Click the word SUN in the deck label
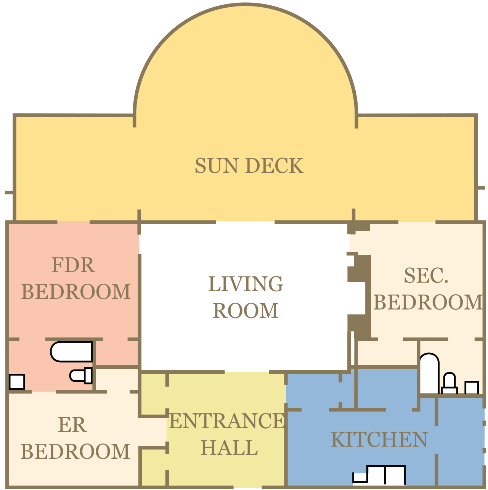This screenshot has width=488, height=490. (217, 166)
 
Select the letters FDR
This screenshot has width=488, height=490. (73, 265)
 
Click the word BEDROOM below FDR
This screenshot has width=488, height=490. (76, 292)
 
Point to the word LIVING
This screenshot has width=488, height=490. (246, 284)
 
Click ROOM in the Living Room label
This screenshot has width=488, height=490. (246, 311)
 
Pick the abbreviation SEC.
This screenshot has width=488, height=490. (426, 276)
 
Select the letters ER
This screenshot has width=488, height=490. (72, 425)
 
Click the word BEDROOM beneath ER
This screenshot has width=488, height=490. (75, 451)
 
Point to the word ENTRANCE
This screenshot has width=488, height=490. (227, 421)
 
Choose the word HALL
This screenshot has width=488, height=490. (229, 448)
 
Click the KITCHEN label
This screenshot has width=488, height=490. (379, 440)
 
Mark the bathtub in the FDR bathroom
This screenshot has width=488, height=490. (71, 352)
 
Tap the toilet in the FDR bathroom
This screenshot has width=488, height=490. (81, 376)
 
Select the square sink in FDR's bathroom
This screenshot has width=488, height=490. (17, 382)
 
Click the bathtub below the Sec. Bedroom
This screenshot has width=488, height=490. (429, 374)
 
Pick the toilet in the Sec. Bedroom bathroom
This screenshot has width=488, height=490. (449, 383)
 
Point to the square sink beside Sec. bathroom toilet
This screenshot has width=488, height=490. (472, 388)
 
